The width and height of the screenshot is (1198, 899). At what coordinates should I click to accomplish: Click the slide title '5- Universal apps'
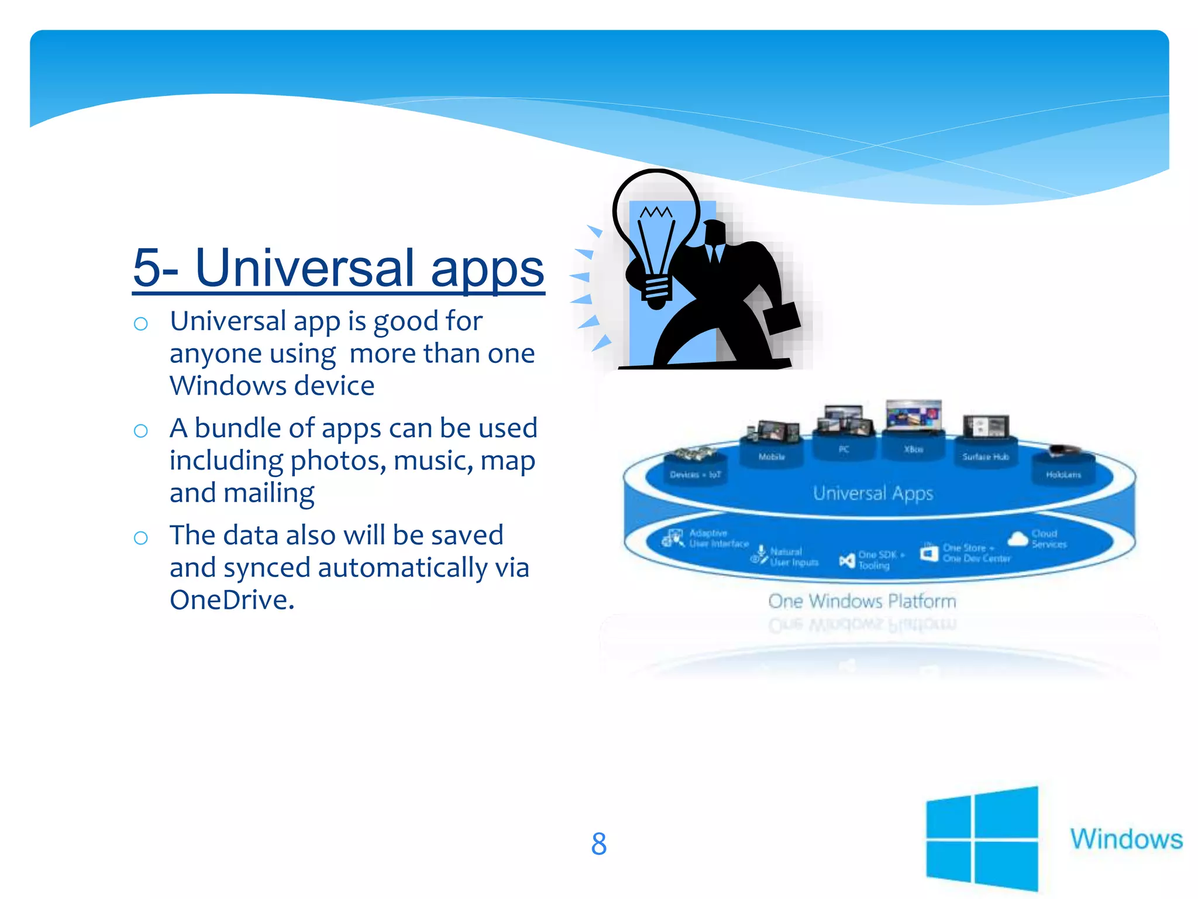tap(339, 268)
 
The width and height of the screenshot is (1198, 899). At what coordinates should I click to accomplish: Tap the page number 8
tap(598, 844)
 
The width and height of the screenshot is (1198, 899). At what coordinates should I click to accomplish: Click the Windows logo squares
tap(982, 838)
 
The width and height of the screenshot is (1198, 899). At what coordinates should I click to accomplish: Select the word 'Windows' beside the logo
tap(1126, 839)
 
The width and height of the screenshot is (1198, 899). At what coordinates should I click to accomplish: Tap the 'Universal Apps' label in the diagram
tap(873, 493)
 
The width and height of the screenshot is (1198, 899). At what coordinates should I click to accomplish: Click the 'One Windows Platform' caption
tap(862, 601)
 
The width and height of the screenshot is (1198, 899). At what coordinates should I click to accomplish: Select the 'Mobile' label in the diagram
tap(772, 457)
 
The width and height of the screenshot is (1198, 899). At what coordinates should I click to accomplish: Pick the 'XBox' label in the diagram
tap(913, 449)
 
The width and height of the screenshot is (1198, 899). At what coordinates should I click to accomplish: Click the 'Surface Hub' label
tap(986, 457)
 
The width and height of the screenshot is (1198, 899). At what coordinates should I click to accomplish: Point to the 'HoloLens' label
tap(1063, 475)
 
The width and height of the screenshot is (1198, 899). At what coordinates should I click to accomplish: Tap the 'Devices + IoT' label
tap(695, 475)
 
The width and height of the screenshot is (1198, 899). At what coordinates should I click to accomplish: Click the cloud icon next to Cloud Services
tap(1018, 538)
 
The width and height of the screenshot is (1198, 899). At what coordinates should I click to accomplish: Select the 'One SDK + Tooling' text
tap(881, 560)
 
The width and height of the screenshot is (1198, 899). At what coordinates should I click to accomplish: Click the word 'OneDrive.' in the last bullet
tap(232, 600)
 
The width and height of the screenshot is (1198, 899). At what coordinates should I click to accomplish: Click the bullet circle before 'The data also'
tap(140, 537)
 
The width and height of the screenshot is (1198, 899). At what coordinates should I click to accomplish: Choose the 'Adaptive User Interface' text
tap(718, 538)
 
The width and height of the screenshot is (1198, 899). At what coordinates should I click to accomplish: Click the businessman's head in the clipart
tap(714, 233)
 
